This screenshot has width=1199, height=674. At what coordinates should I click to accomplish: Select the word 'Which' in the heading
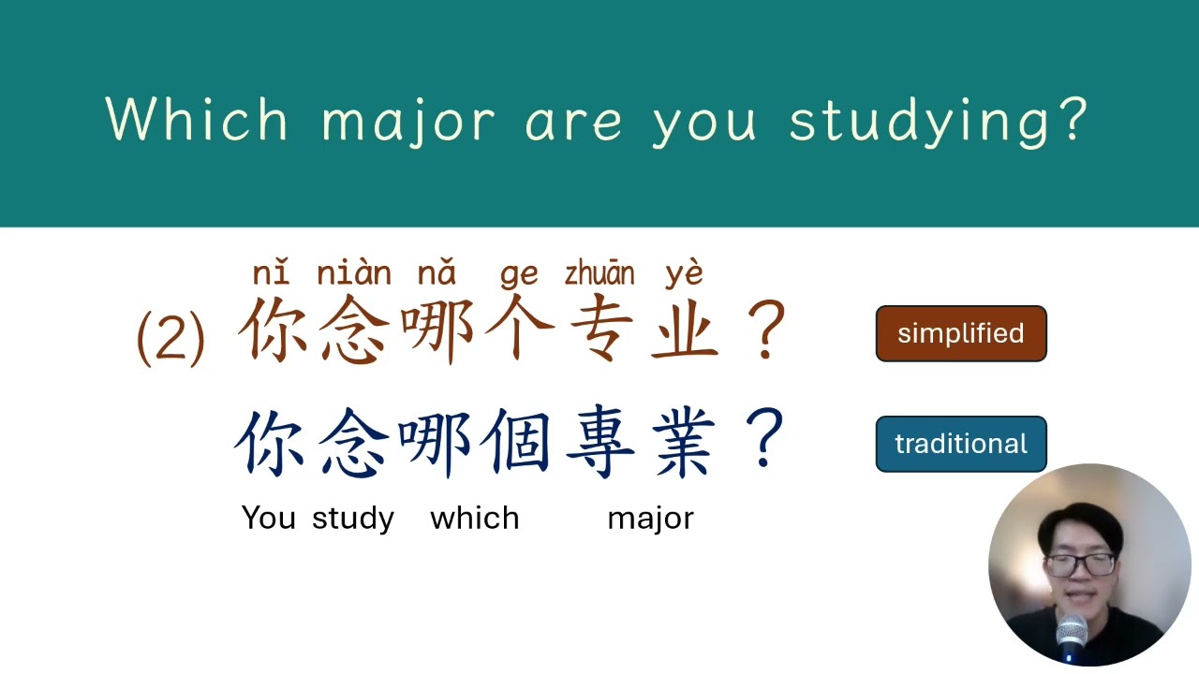pyautogui.click(x=198, y=120)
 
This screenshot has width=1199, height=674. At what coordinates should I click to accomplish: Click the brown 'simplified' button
pyautogui.click(x=960, y=333)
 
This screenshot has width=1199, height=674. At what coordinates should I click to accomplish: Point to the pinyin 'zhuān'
pyautogui.click(x=599, y=273)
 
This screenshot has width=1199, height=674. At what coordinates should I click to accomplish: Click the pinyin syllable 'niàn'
pyautogui.click(x=354, y=273)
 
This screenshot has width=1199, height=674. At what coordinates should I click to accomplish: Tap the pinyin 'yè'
pyautogui.click(x=684, y=273)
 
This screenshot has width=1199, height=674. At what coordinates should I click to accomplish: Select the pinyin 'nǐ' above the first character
pyautogui.click(x=271, y=273)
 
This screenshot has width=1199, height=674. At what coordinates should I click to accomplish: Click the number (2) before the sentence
pyautogui.click(x=170, y=337)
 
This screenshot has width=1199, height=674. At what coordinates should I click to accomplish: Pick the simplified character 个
pyautogui.click(x=518, y=331)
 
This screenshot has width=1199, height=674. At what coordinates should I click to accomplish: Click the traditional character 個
pyautogui.click(x=518, y=443)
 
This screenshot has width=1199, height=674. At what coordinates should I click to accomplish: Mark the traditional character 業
pyautogui.click(x=684, y=443)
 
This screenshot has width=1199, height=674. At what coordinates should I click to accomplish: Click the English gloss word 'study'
pyautogui.click(x=353, y=519)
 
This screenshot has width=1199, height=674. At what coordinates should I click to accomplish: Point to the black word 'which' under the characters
pyautogui.click(x=474, y=518)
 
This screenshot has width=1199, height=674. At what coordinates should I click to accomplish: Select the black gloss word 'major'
pyautogui.click(x=650, y=519)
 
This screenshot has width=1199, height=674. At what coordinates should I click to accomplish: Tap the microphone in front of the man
pyautogui.click(x=1072, y=637)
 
